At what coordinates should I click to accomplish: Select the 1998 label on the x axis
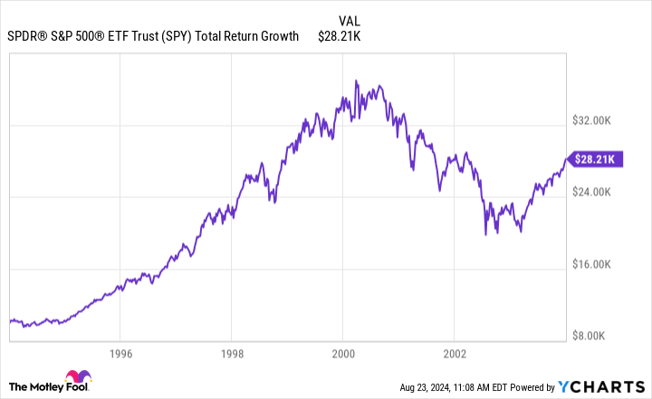232,352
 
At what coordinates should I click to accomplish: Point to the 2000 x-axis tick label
342,352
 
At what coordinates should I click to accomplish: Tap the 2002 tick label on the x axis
454,352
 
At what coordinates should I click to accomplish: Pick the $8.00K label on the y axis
597,336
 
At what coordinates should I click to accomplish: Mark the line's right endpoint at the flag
567,159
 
